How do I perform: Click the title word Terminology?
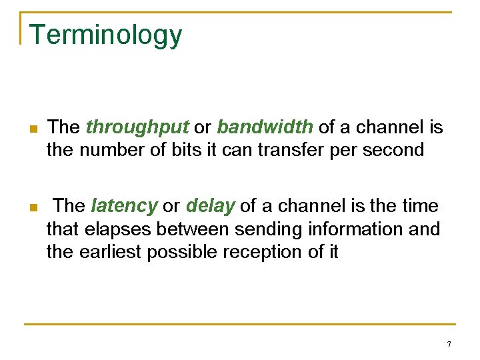(x=105, y=35)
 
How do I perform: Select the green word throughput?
(x=137, y=127)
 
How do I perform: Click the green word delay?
(x=211, y=206)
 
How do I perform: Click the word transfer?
(x=289, y=149)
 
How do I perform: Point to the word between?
(x=196, y=229)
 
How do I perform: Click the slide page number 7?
(x=449, y=345)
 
